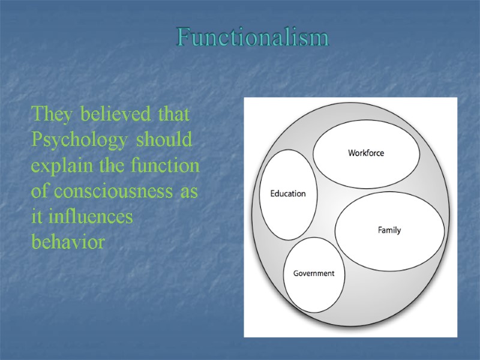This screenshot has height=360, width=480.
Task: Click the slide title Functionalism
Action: click(253, 38)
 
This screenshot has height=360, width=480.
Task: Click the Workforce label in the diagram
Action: click(366, 153)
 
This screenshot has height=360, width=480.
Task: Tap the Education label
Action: click(288, 194)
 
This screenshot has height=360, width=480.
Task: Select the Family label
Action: click(389, 230)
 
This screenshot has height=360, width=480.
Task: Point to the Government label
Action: click(314, 274)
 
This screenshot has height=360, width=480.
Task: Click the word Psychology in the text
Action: click(79, 140)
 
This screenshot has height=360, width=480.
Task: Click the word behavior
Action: click(68, 243)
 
